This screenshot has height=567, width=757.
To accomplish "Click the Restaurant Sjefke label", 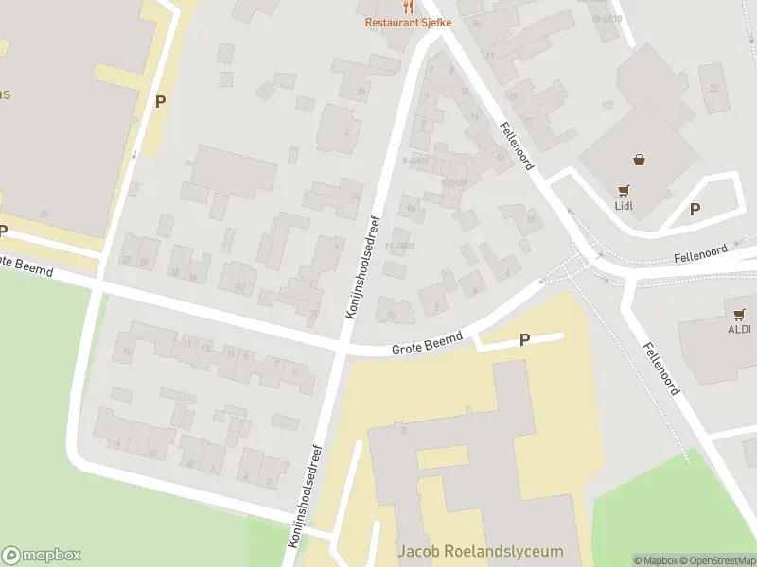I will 409,22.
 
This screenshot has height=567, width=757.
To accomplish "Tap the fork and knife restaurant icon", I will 409,7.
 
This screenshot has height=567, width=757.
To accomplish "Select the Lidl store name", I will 624,205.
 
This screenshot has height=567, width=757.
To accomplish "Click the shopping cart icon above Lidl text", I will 624,190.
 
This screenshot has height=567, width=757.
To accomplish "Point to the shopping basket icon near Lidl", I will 642,159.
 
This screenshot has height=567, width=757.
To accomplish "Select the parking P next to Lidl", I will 695,210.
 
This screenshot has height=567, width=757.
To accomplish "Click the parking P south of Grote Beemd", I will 524,339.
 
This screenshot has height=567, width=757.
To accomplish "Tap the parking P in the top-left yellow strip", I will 160,101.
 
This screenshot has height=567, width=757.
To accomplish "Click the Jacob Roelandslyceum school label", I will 481,551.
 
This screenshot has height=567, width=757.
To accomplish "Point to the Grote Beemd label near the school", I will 428,344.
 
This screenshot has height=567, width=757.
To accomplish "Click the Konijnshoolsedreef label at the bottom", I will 308,495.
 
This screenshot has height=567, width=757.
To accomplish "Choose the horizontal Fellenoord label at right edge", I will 700,252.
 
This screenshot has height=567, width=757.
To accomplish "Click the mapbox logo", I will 42,556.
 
